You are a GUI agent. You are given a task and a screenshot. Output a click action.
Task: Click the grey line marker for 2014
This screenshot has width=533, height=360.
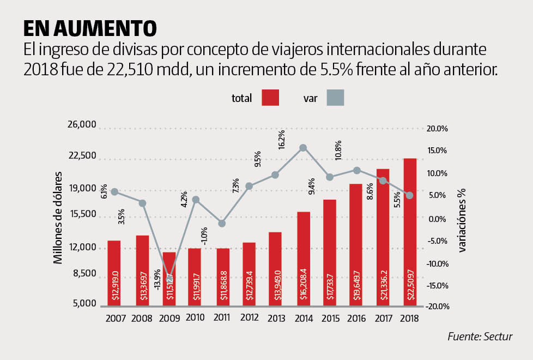(x=303, y=148)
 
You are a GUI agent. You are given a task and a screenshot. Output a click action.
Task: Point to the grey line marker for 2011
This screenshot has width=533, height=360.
(x=222, y=223)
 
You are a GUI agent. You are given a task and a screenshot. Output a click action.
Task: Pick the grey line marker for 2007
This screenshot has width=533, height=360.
(x=114, y=192)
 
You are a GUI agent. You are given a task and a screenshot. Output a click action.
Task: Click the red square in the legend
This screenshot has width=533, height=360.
(x=270, y=98)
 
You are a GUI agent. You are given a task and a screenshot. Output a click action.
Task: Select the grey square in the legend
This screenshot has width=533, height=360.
(x=335, y=98)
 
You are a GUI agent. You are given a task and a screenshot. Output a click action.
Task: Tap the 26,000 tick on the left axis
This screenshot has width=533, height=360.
(x=82, y=125)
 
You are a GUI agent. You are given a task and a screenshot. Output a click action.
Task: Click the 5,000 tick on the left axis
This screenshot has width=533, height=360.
(x=84, y=304)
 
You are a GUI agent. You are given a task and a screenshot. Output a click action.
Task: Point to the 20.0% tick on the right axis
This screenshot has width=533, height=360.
(x=438, y=129)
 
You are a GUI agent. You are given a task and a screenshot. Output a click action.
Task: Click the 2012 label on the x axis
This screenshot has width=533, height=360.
(x=249, y=319)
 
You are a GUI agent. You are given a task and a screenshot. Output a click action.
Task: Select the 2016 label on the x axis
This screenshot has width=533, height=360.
(x=356, y=319)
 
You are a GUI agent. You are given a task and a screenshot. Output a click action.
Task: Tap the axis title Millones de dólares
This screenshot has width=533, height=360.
(x=58, y=218)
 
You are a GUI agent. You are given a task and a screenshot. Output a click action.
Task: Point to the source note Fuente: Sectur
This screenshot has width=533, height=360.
(x=480, y=337)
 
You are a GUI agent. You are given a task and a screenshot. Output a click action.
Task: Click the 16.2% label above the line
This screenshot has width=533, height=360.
(x=281, y=140)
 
